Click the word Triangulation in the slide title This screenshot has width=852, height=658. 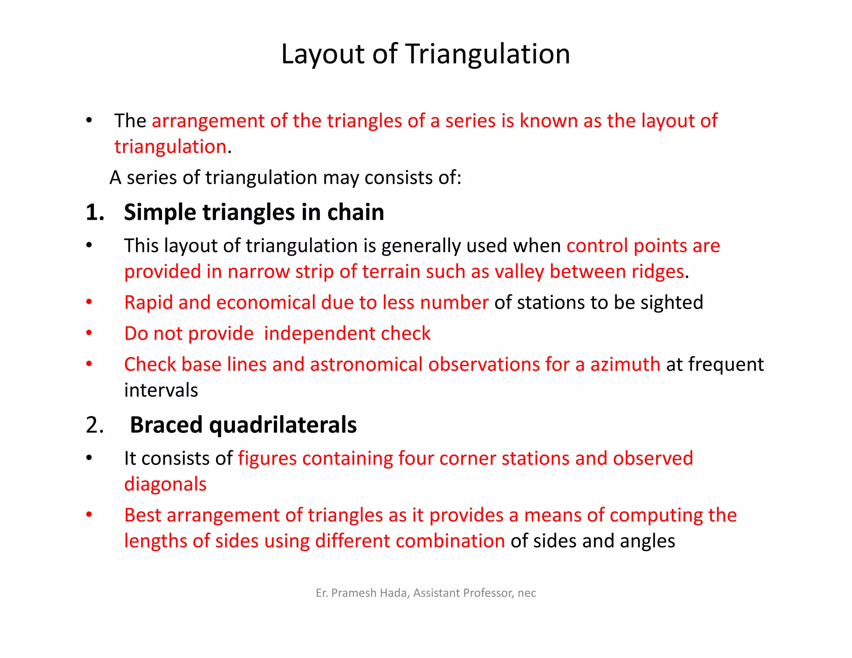488,54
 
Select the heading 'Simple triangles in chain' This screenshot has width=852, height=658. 254,212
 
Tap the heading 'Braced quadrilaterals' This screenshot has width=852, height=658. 243,425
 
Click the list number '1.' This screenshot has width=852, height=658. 95,212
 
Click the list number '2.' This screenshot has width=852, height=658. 95,425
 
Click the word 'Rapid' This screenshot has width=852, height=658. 149,302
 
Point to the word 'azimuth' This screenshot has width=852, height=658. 625,364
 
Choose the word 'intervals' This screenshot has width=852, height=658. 161,391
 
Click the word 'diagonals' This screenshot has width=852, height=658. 165,484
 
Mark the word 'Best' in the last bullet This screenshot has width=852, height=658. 142,515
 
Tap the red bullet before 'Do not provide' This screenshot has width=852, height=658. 89,333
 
